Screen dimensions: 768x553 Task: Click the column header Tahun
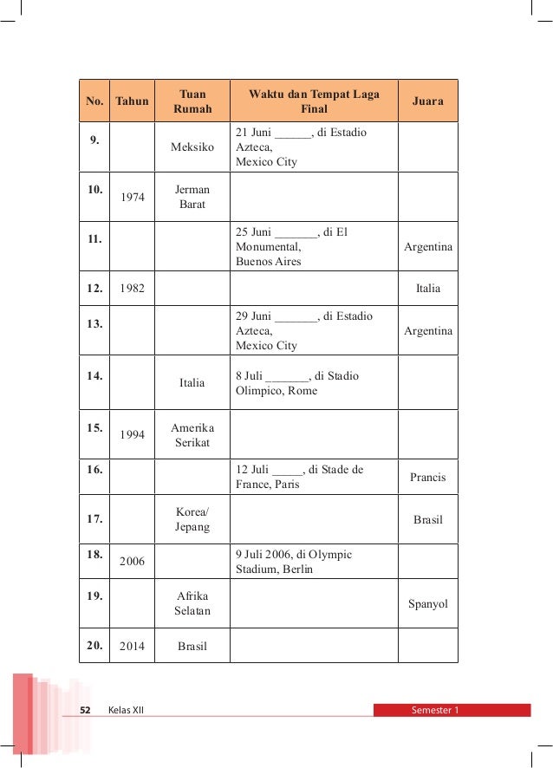coord(132,101)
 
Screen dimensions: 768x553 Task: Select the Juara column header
coord(427,101)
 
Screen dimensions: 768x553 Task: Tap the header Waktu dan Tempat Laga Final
coord(314,101)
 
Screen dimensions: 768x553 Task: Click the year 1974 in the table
coord(132,197)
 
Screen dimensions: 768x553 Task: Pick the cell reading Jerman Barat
coord(192,197)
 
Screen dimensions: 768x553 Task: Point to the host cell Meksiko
coord(192,147)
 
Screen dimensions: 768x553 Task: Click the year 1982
coord(132,289)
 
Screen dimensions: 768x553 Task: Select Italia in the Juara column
coord(427,289)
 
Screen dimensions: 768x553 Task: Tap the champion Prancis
coord(427,477)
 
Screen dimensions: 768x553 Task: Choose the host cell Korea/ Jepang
coord(192,519)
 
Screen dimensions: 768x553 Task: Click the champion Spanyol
coord(427,603)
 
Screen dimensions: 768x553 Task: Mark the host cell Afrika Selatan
coord(192,603)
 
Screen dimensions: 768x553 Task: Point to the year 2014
coord(132,646)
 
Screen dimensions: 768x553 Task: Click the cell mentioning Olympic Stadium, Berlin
coord(294,562)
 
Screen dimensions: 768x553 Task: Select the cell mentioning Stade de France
coord(300,477)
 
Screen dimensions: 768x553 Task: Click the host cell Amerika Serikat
coord(192,435)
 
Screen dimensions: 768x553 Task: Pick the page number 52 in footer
coord(85,710)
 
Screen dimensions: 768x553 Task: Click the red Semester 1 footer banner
coord(451,710)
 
